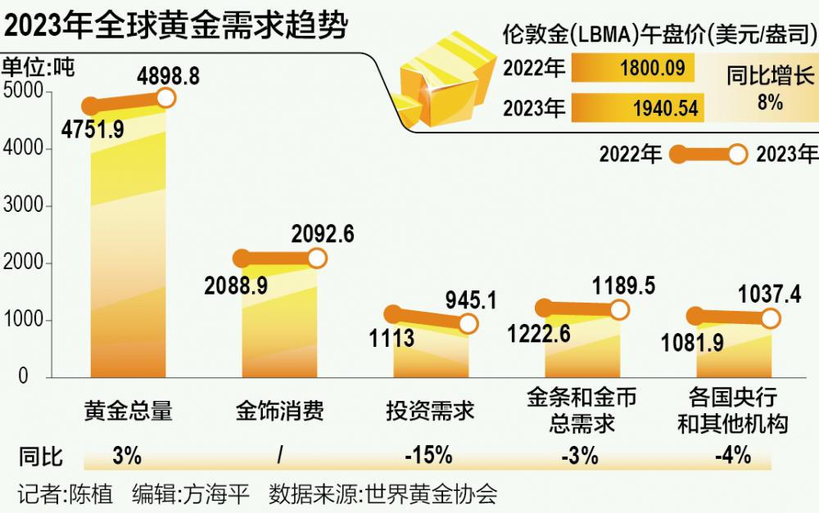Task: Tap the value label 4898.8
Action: pyautogui.click(x=169, y=76)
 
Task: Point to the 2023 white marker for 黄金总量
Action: pyautogui.click(x=165, y=98)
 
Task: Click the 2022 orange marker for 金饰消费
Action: pyautogui.click(x=242, y=259)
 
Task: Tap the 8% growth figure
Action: pyautogui.click(x=770, y=103)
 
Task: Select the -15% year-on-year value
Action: pyautogui.click(x=428, y=456)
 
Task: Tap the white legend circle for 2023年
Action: pyautogui.click(x=737, y=154)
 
